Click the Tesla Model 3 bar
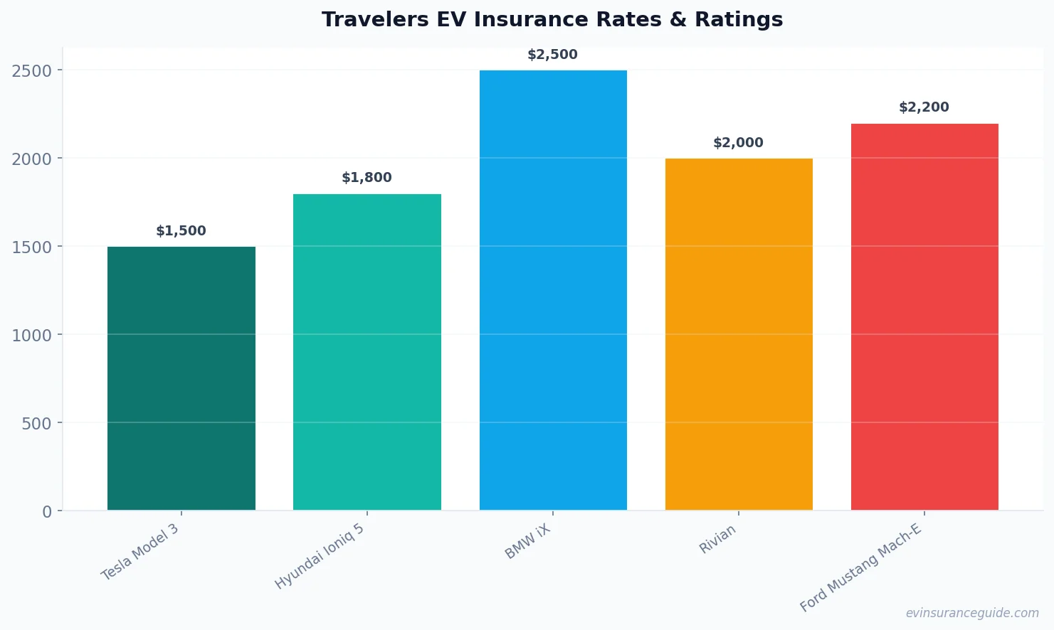(x=181, y=378)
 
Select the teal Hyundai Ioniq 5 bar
(x=367, y=352)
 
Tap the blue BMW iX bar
(x=553, y=290)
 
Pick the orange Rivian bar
(x=739, y=334)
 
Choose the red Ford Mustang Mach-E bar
(x=924, y=317)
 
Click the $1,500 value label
(x=181, y=231)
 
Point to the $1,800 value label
(x=367, y=178)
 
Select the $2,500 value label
(x=552, y=55)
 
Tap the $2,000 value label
(x=738, y=143)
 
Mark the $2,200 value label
(x=924, y=107)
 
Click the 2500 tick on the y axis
(x=32, y=70)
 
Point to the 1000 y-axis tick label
(x=32, y=335)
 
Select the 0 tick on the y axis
(x=47, y=511)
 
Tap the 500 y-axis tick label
(x=37, y=423)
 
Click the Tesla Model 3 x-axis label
(x=140, y=552)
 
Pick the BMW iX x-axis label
(x=527, y=542)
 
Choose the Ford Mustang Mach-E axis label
(x=860, y=567)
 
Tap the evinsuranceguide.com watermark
(x=972, y=613)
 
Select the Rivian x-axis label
(x=717, y=540)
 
